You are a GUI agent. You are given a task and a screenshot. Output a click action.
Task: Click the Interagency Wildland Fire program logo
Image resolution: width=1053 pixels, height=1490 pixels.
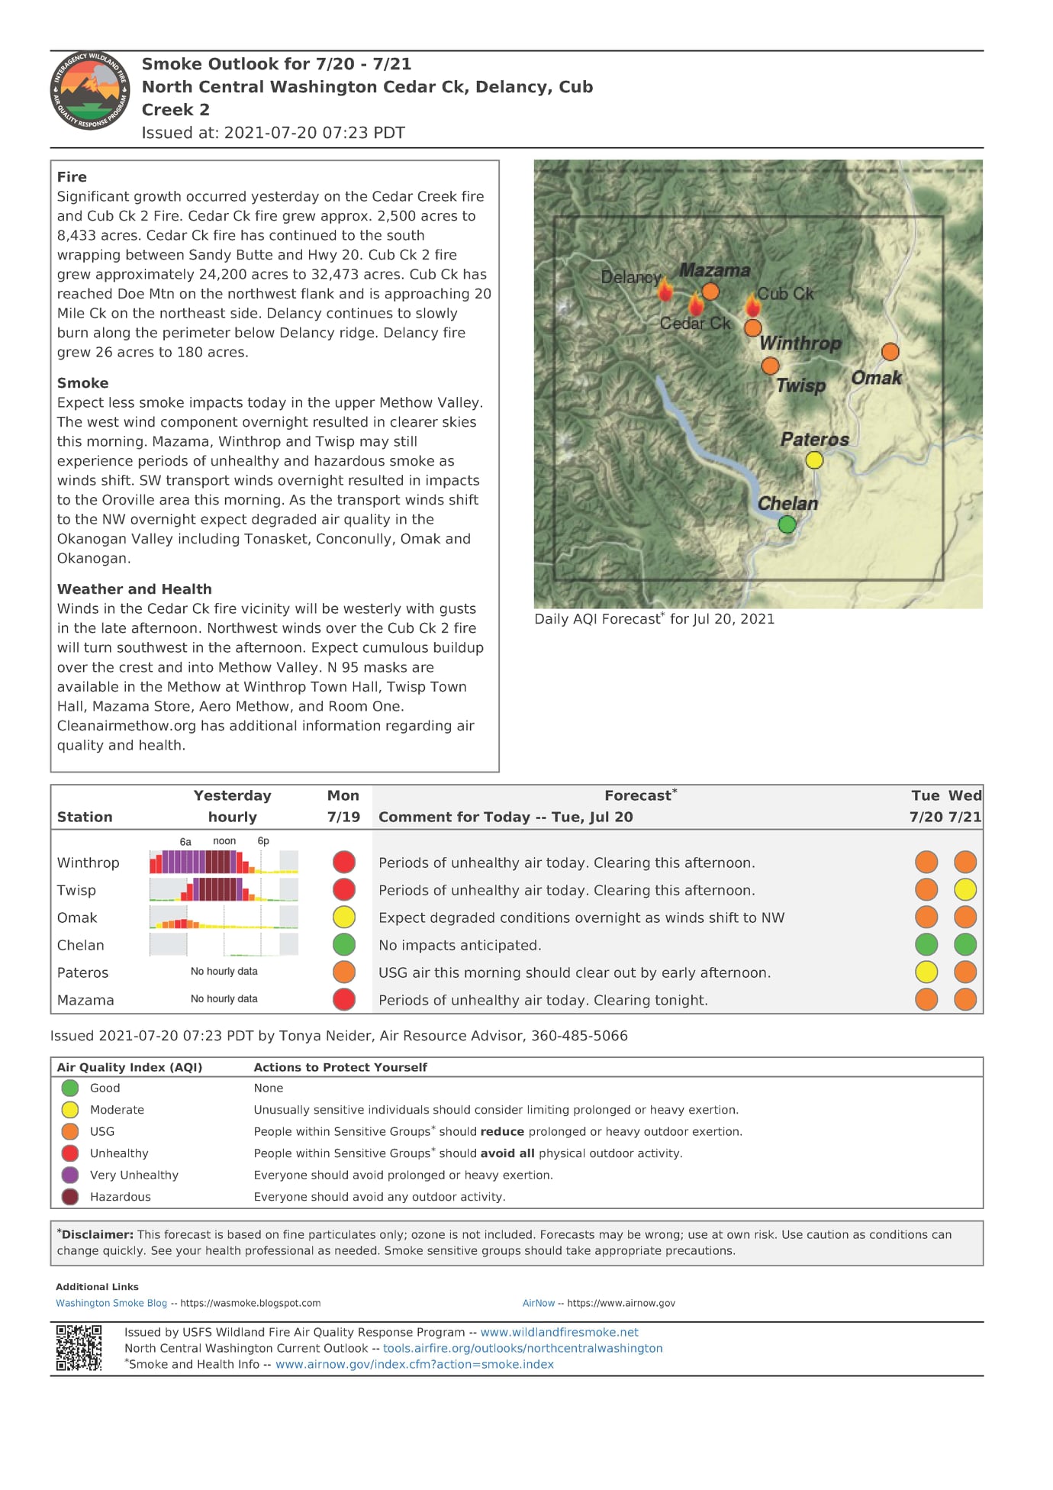tap(90, 91)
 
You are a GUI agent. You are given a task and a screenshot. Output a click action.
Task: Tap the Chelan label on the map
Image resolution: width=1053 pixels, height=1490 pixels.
tap(787, 504)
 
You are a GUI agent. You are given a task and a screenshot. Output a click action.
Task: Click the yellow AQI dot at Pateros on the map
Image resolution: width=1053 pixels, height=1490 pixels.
tap(814, 460)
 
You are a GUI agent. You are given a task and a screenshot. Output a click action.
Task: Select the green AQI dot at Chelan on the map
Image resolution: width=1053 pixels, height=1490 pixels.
tap(787, 524)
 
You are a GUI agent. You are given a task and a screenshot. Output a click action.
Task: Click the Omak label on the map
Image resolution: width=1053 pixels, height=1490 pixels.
tap(876, 378)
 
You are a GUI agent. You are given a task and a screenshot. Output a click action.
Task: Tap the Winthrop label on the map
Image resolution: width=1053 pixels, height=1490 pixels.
tap(800, 343)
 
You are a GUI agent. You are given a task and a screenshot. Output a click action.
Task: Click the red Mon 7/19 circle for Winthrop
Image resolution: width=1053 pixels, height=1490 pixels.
tap(344, 862)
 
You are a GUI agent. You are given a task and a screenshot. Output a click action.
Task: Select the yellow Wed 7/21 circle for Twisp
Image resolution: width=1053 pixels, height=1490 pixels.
tap(965, 889)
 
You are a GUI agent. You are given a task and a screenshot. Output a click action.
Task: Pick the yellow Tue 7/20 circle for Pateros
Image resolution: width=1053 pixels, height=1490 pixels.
tap(926, 972)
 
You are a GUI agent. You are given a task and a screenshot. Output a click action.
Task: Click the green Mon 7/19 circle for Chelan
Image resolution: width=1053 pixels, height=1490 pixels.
tap(344, 944)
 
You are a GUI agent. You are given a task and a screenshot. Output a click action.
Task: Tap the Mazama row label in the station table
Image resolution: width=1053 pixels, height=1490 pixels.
tap(85, 1000)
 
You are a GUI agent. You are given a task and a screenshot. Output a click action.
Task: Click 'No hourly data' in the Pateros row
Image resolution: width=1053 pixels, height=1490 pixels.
tap(224, 972)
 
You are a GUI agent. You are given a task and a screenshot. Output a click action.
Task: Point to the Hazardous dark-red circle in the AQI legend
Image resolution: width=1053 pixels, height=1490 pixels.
tap(70, 1197)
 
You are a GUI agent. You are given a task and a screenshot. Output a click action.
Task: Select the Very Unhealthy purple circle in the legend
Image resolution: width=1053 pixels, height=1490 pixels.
tap(70, 1175)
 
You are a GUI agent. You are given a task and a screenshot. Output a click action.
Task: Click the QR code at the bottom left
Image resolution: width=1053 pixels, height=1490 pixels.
tap(79, 1348)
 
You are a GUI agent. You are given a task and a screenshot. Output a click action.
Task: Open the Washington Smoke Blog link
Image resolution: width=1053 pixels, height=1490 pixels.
tap(111, 1303)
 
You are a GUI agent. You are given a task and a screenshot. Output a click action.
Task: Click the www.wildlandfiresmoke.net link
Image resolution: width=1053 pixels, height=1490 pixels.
tap(559, 1332)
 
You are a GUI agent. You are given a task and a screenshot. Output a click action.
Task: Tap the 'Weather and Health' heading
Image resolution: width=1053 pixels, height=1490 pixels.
tap(134, 589)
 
